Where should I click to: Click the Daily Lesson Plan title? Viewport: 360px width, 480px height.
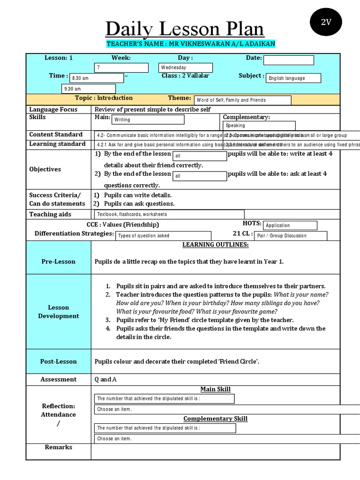(x=184, y=29)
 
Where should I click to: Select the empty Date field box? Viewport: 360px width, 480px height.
(x=288, y=60)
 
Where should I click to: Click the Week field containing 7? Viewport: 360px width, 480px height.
(x=121, y=68)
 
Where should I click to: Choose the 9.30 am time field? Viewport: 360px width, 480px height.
(x=89, y=89)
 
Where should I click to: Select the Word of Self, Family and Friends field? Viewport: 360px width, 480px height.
(x=242, y=100)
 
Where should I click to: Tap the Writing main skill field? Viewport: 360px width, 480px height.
(x=148, y=120)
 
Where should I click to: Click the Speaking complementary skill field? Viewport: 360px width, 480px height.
(x=259, y=126)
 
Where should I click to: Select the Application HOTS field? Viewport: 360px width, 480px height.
(x=290, y=225)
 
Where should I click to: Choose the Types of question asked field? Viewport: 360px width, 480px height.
(x=158, y=236)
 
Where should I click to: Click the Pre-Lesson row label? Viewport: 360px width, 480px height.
(x=58, y=262)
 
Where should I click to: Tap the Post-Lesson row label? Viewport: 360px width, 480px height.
(x=58, y=361)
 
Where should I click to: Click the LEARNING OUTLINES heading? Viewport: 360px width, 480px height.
(x=215, y=245)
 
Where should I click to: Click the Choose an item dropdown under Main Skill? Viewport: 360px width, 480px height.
(x=164, y=409)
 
